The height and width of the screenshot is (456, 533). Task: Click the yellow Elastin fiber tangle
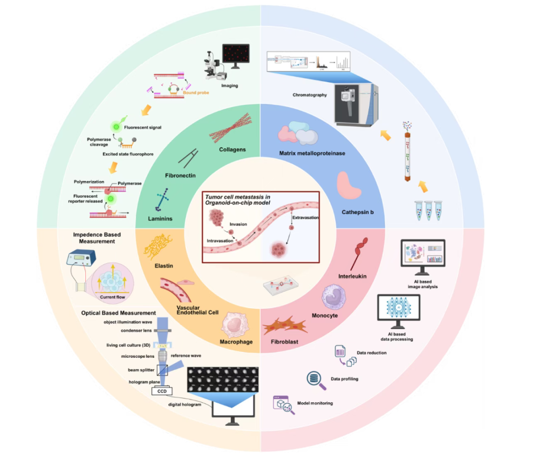159,244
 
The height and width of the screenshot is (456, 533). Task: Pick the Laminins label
160,219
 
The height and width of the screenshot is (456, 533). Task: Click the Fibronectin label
180,175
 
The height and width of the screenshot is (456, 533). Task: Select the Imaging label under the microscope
230,85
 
